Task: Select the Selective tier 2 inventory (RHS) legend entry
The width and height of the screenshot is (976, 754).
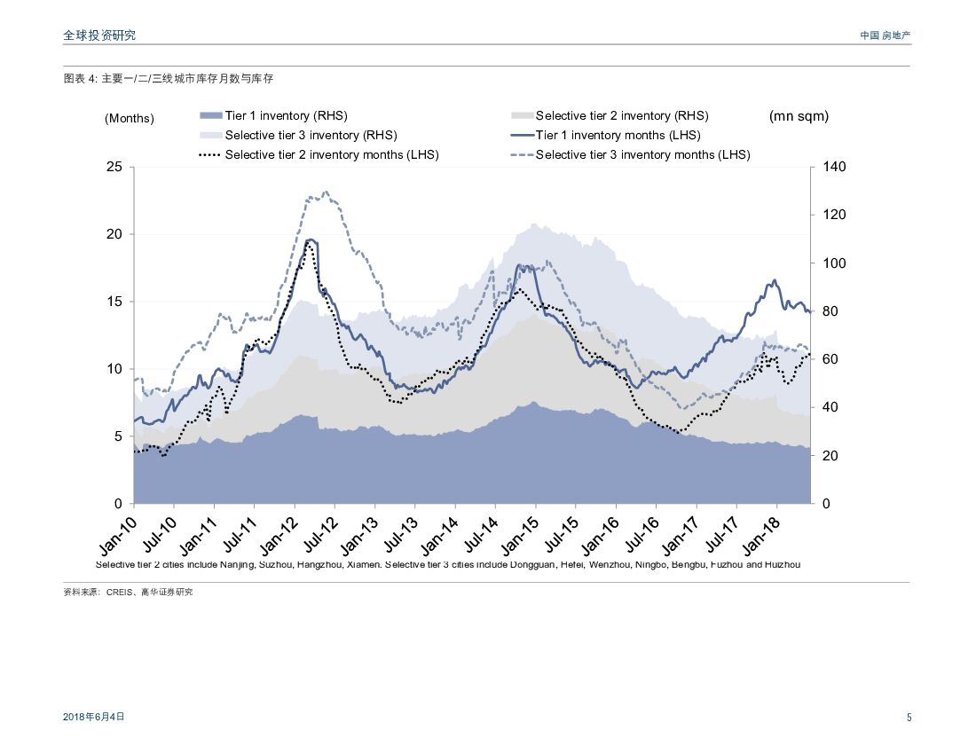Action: (621, 116)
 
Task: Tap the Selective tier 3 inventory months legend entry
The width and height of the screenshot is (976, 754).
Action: (642, 154)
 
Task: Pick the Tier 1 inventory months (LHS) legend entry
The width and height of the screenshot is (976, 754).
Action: (618, 136)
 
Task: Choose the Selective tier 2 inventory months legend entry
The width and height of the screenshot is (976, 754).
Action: (331, 154)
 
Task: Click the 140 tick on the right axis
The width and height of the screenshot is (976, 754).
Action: (834, 167)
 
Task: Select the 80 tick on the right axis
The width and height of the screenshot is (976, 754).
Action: (830, 311)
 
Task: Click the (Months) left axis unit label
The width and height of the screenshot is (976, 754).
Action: (129, 118)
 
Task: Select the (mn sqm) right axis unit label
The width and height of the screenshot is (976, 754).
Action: (799, 116)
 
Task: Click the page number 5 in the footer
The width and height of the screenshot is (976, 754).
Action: (909, 718)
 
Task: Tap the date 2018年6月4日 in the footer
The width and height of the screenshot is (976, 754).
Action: (94, 717)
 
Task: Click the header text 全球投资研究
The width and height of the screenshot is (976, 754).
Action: (99, 35)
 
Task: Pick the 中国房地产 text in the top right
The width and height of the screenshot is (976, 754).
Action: (885, 35)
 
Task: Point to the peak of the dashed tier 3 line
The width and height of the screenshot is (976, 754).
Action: (326, 192)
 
